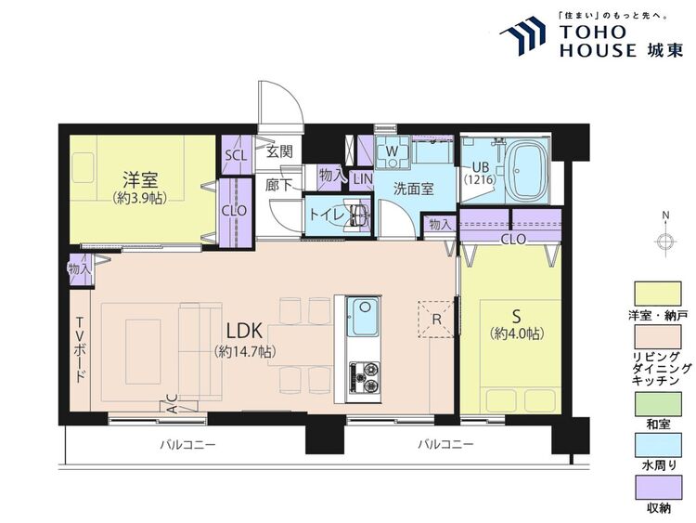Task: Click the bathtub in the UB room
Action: click(x=527, y=171)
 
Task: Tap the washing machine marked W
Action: click(x=392, y=151)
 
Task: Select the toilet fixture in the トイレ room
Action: click(x=358, y=216)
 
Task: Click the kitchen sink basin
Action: click(x=363, y=318)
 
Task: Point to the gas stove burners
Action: click(x=365, y=378)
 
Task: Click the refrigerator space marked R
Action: click(x=436, y=319)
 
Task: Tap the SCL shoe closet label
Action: click(x=236, y=155)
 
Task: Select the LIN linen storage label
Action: click(x=363, y=179)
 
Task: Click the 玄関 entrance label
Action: click(x=279, y=151)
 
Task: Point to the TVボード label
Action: click(x=81, y=349)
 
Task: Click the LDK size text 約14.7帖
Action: click(x=245, y=352)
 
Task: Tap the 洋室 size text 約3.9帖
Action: click(x=140, y=198)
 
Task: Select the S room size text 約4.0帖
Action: click(x=517, y=333)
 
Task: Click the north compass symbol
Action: click(x=665, y=242)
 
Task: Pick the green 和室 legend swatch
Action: click(x=658, y=404)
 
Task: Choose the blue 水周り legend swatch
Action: click(x=658, y=445)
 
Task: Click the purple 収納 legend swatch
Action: click(x=658, y=488)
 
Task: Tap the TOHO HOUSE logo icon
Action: click(x=522, y=35)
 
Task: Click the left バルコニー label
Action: click(x=187, y=444)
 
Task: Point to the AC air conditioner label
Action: click(x=173, y=403)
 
